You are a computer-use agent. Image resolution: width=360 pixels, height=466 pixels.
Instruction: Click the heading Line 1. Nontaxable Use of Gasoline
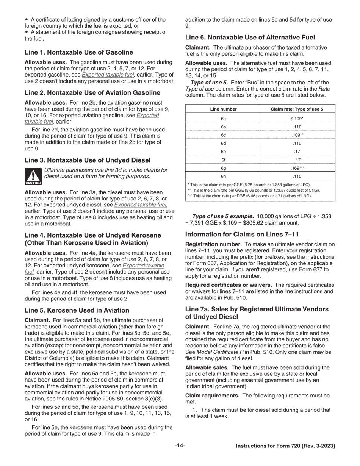[79, 52]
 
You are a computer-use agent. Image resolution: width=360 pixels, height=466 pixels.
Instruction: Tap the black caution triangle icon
[33, 176]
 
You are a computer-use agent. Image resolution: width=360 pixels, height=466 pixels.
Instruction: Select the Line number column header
[223, 109]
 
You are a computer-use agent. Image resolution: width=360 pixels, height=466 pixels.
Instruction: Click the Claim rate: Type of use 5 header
[297, 109]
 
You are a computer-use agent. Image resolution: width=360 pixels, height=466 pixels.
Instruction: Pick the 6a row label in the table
[223, 119]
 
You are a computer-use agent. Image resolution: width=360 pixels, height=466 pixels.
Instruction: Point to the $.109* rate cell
[297, 119]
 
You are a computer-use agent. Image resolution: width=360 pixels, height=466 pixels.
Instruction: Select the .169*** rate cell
[297, 168]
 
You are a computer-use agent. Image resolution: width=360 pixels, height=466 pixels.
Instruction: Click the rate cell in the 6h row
[297, 177]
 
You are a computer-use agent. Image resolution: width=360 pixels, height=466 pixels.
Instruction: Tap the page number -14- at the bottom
[180, 446]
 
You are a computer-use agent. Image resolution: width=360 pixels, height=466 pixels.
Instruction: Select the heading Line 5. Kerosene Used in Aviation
[77, 310]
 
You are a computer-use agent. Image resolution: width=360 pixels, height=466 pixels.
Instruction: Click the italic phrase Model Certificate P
[219, 352]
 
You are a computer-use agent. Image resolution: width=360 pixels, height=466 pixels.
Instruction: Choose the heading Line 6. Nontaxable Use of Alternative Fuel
[250, 38]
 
